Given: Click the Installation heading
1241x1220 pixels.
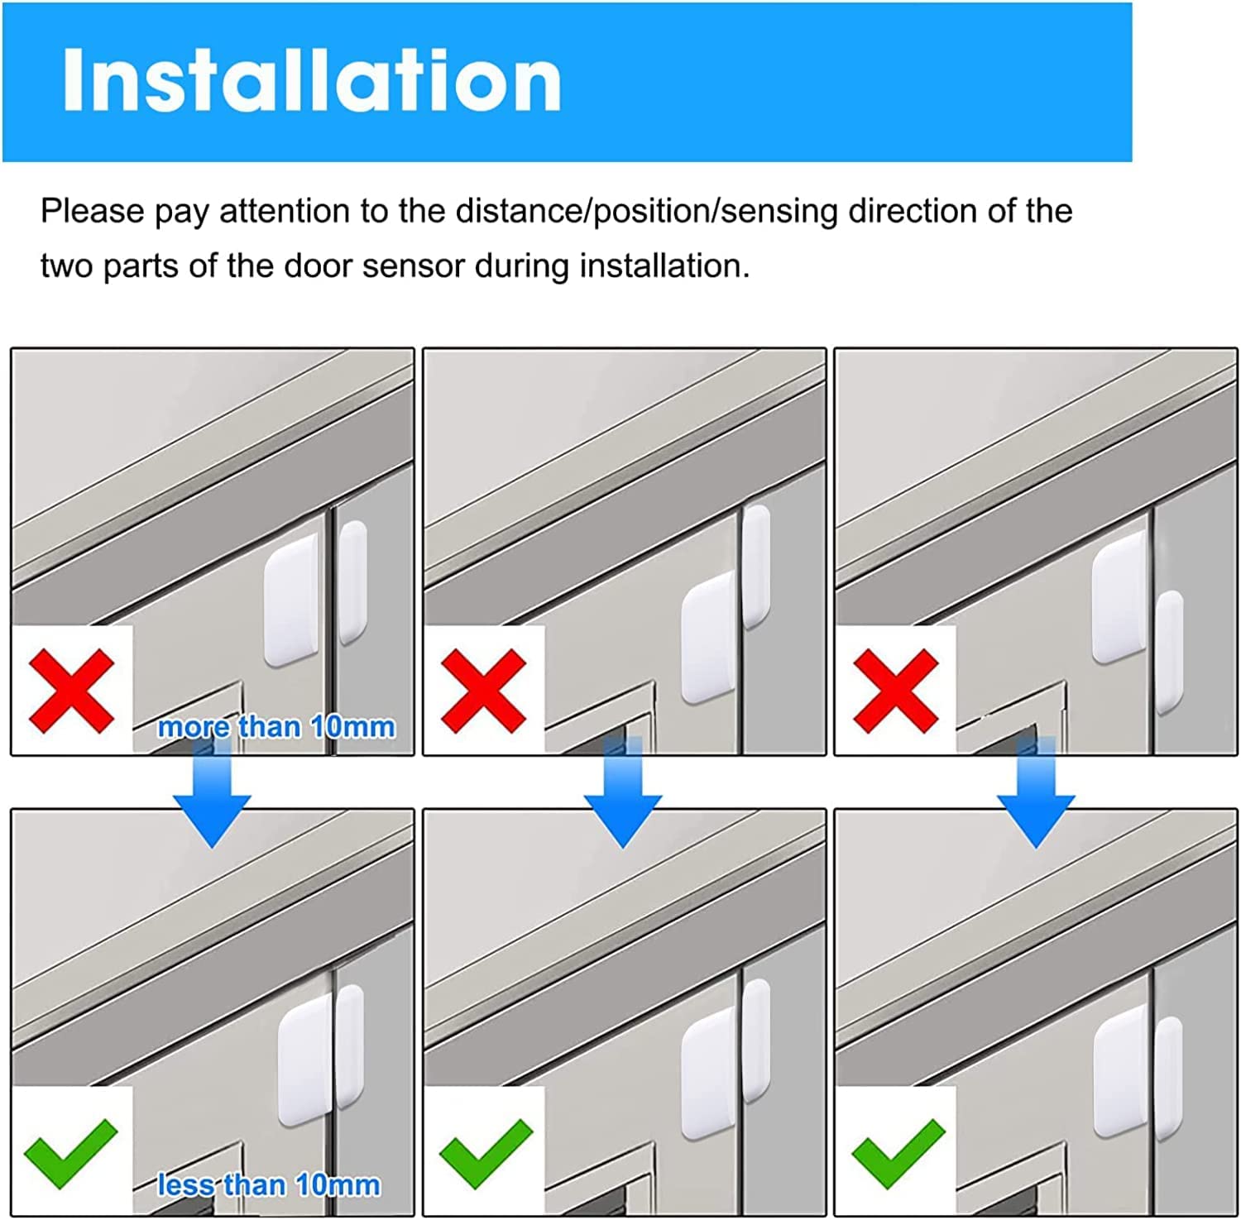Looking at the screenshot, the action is [312, 79].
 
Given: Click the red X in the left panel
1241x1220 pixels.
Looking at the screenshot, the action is [72, 691].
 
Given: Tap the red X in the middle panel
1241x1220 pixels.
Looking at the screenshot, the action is [484, 691].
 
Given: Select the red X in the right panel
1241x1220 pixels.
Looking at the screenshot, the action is [895, 691].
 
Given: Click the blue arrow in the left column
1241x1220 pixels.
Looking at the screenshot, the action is [212, 792].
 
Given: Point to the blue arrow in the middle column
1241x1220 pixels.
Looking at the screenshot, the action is [623, 792].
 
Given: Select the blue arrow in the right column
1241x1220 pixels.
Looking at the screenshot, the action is [1036, 792].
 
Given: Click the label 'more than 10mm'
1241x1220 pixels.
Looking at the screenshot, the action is [276, 727].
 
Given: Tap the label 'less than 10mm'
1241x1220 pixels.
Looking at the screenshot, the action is [269, 1185].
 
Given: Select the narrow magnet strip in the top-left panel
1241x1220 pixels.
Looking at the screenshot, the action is [352, 581].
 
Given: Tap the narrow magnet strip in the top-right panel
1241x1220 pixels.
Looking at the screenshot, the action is [1169, 652].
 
